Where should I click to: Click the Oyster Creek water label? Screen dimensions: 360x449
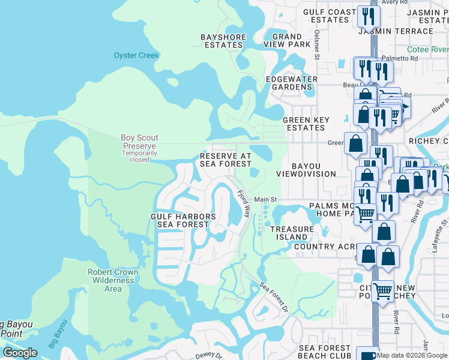click(136, 56)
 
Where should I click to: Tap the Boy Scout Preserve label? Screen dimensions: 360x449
click(138, 142)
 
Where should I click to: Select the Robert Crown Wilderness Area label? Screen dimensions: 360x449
click(113, 280)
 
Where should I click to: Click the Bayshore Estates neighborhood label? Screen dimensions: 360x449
click(222, 41)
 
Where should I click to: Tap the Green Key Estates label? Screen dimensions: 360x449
click(306, 124)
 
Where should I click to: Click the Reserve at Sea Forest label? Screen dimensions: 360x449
click(225, 160)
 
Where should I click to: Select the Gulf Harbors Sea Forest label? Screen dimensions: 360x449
click(183, 220)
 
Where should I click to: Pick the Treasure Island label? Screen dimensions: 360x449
click(292, 233)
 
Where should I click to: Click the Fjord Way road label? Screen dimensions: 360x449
click(244, 205)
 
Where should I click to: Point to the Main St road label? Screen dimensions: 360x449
click(265, 199)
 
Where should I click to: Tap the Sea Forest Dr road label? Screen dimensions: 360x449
click(274, 297)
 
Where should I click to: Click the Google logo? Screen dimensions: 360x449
click(20, 353)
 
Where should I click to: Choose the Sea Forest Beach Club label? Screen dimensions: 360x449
click(324, 352)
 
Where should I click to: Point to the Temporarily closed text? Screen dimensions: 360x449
click(139, 157)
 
